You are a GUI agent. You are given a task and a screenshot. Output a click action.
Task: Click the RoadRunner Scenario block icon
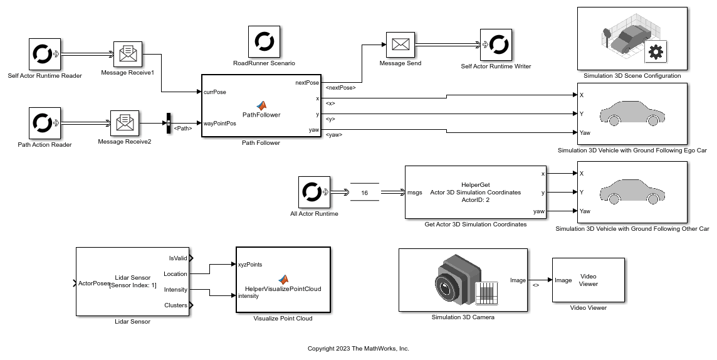264,42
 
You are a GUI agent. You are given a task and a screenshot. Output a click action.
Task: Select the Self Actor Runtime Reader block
44,55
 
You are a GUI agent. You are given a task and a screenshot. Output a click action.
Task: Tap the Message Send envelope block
400,44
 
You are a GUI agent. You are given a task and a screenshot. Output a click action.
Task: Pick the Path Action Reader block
44,124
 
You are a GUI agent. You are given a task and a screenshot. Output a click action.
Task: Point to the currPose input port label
215,92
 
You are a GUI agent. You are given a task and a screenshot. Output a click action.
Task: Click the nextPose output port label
307,82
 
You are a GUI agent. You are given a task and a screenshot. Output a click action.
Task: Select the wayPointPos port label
220,124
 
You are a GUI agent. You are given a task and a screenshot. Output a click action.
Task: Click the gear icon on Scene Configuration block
656,53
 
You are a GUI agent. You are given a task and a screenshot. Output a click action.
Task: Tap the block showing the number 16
364,193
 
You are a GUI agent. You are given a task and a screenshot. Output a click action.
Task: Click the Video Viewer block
589,280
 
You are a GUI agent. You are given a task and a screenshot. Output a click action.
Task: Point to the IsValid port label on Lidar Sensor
178,258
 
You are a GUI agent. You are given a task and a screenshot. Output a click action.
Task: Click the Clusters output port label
175,305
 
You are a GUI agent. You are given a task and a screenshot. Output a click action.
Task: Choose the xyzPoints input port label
250,265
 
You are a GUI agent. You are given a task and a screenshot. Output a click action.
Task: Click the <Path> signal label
183,129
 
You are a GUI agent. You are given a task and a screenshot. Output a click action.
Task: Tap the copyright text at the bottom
358,349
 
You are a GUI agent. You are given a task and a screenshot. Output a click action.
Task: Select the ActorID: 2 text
475,200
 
